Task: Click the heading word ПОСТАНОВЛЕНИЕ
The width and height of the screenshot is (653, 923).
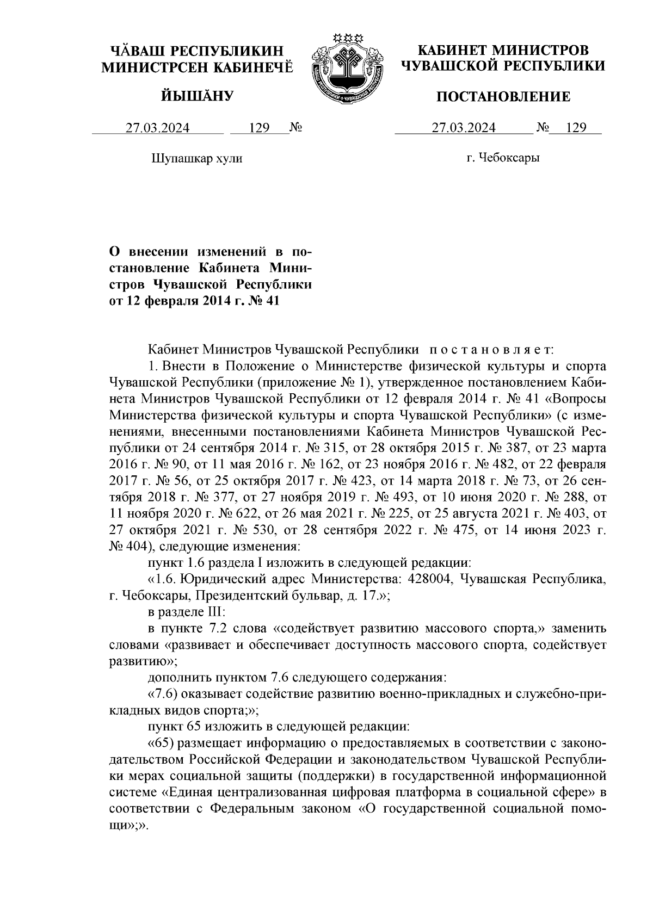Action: click(x=504, y=97)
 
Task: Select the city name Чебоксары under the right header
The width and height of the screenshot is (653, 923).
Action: click(x=509, y=158)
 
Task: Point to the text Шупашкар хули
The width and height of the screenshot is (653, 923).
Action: click(x=195, y=159)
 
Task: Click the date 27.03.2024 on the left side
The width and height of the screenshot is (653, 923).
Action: click(x=158, y=128)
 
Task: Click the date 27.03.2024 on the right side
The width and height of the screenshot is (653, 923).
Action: click(x=464, y=128)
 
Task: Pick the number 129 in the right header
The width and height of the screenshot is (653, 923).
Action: click(x=575, y=128)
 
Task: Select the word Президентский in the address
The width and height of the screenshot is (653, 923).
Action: click(x=235, y=595)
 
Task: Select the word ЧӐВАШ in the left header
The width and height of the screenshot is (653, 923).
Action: click(x=137, y=52)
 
